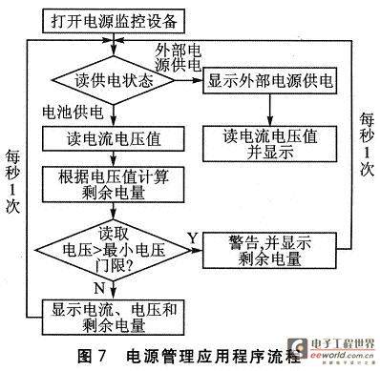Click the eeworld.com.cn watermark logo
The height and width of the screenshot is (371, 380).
point(336,349)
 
